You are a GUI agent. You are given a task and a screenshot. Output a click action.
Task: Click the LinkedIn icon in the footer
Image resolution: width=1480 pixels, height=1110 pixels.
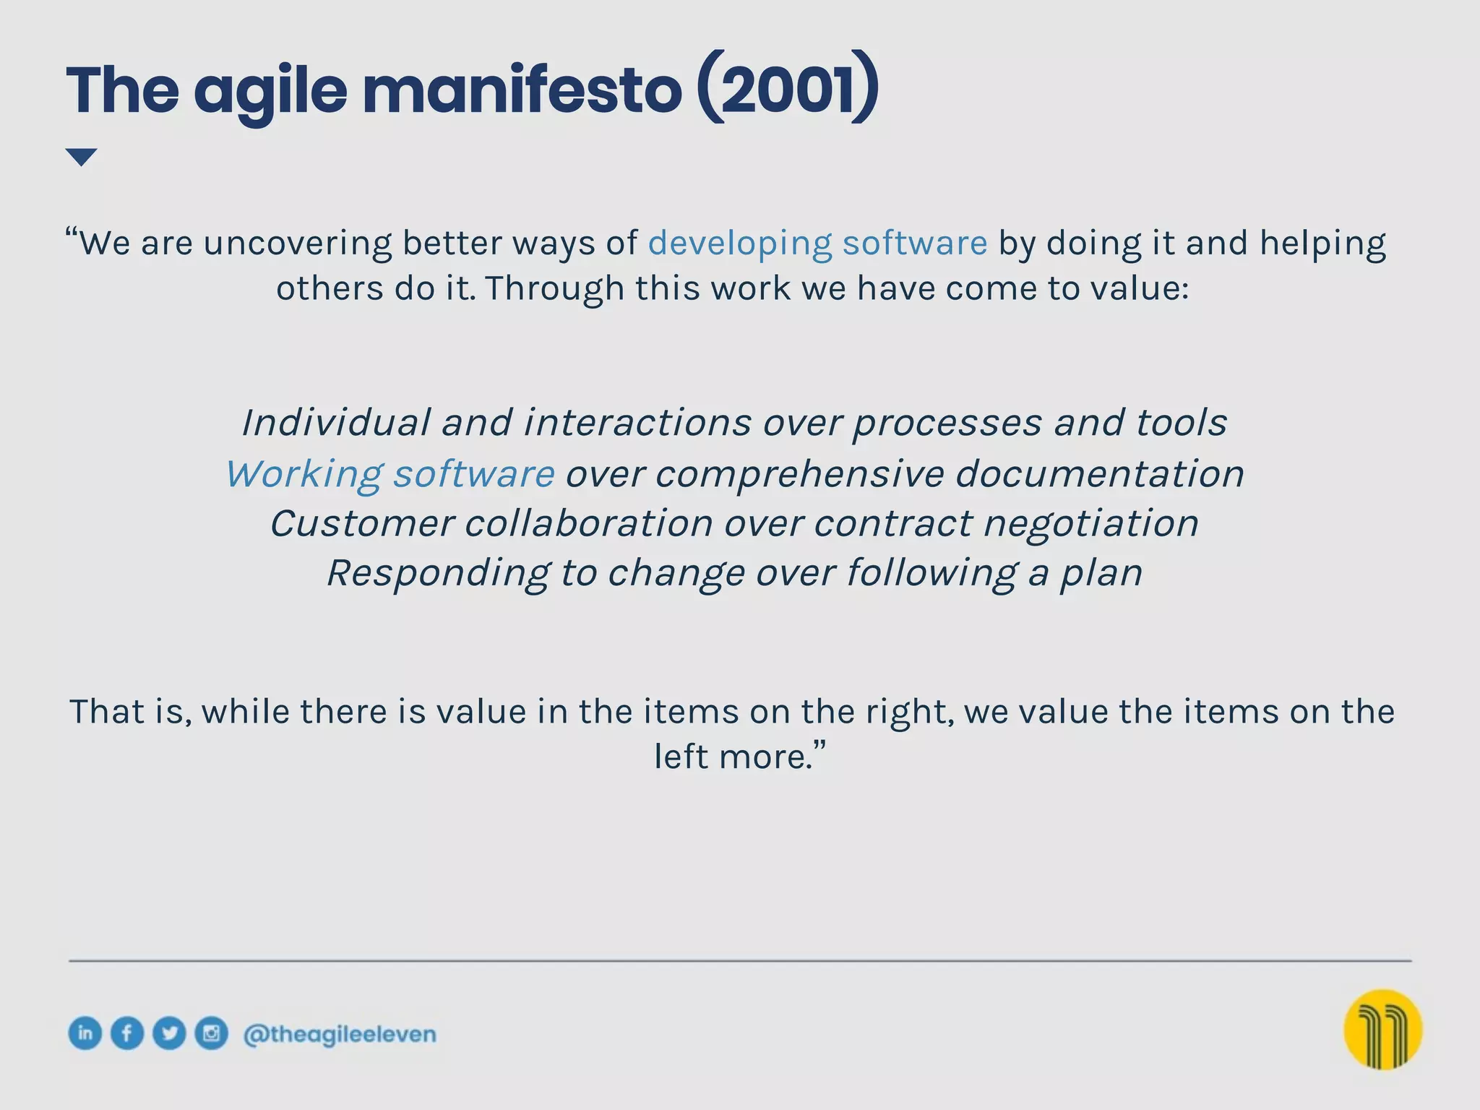point(85,1033)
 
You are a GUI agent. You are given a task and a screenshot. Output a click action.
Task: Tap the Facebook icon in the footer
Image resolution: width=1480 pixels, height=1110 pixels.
point(127,1033)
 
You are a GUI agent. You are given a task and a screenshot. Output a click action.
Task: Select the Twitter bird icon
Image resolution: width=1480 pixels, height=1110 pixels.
point(169,1033)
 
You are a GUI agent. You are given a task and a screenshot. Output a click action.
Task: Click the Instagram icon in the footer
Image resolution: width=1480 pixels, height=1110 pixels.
point(211,1033)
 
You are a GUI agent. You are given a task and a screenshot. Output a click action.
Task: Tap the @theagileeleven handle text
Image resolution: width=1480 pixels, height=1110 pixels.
point(340,1034)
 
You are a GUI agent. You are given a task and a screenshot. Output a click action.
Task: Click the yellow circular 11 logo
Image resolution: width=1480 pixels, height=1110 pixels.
point(1382,1029)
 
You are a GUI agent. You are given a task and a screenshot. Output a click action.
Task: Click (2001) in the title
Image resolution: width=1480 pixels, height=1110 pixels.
point(788,90)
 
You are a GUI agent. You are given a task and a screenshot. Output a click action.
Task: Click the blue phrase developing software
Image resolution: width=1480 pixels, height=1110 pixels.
point(817,244)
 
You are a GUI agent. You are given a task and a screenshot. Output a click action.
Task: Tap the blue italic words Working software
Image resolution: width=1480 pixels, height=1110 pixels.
point(390,474)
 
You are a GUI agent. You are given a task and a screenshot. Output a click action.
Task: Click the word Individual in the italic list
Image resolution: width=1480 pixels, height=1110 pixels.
point(336,423)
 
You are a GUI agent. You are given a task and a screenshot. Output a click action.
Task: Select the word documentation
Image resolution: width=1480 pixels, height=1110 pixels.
point(1099,474)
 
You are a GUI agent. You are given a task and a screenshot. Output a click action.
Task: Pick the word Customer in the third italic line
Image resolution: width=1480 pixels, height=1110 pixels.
point(362,523)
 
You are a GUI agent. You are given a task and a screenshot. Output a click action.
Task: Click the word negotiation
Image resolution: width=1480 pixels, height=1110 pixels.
point(1090,523)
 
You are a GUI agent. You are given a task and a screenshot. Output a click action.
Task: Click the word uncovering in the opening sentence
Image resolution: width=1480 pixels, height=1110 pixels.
point(297,244)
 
